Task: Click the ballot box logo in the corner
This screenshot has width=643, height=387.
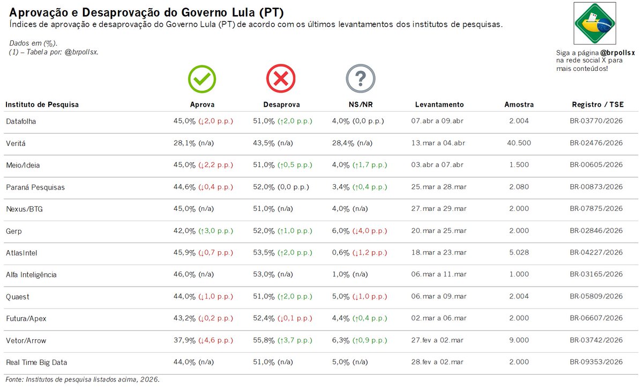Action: [595, 23]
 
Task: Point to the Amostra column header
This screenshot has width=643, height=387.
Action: [519, 105]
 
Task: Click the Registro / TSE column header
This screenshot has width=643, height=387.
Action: [596, 105]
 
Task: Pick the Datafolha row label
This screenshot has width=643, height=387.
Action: [20, 121]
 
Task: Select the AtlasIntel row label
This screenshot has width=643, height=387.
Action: [21, 253]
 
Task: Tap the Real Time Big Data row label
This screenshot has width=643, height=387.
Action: [36, 362]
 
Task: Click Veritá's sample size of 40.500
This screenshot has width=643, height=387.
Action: [519, 143]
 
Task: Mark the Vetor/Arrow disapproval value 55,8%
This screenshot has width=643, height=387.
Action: [264, 340]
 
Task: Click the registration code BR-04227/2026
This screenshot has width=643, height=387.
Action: [596, 253]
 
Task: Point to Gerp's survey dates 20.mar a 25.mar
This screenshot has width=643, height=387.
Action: [439, 231]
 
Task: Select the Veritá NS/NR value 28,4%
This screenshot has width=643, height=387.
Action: [343, 143]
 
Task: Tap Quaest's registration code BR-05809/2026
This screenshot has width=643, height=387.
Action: [596, 297]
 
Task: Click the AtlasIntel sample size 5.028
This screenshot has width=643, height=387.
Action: [519, 253]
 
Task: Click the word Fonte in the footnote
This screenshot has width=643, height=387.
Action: [15, 379]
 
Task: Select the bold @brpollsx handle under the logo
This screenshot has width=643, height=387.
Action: [617, 53]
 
